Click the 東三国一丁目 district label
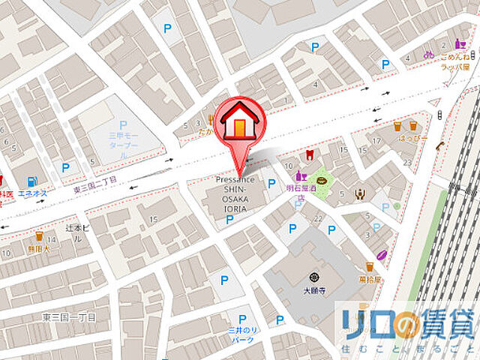(68, 316)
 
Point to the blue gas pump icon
(31, 181)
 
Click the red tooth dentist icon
(307, 156)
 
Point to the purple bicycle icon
(428, 54)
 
